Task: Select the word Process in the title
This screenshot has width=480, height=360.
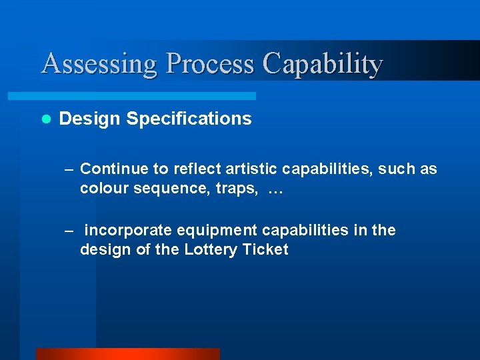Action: [x=210, y=64]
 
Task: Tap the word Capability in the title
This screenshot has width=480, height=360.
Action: [x=322, y=64]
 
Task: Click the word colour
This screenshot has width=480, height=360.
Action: [x=101, y=189]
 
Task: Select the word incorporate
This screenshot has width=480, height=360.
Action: [x=127, y=231]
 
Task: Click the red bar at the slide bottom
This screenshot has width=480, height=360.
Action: [x=127, y=354]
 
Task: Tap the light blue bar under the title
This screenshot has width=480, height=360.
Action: [x=147, y=96]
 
